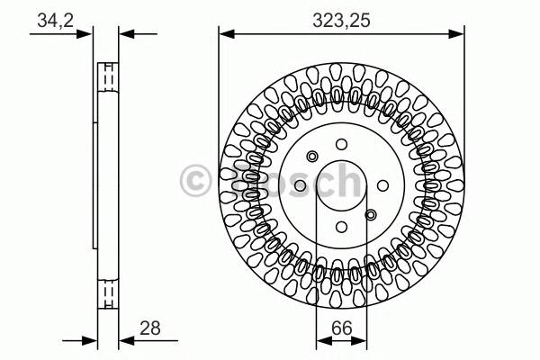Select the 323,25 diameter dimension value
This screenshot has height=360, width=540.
coord(342,17)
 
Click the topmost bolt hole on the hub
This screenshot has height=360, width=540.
coord(341,144)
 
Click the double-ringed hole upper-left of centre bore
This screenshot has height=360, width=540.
coord(312,157)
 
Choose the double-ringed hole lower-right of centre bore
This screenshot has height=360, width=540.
coord(371,214)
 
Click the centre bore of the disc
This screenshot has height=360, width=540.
coord(341,185)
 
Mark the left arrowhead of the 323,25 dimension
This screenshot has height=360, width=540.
coord(225,34)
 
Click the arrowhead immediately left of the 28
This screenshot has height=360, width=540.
coord(125,340)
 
